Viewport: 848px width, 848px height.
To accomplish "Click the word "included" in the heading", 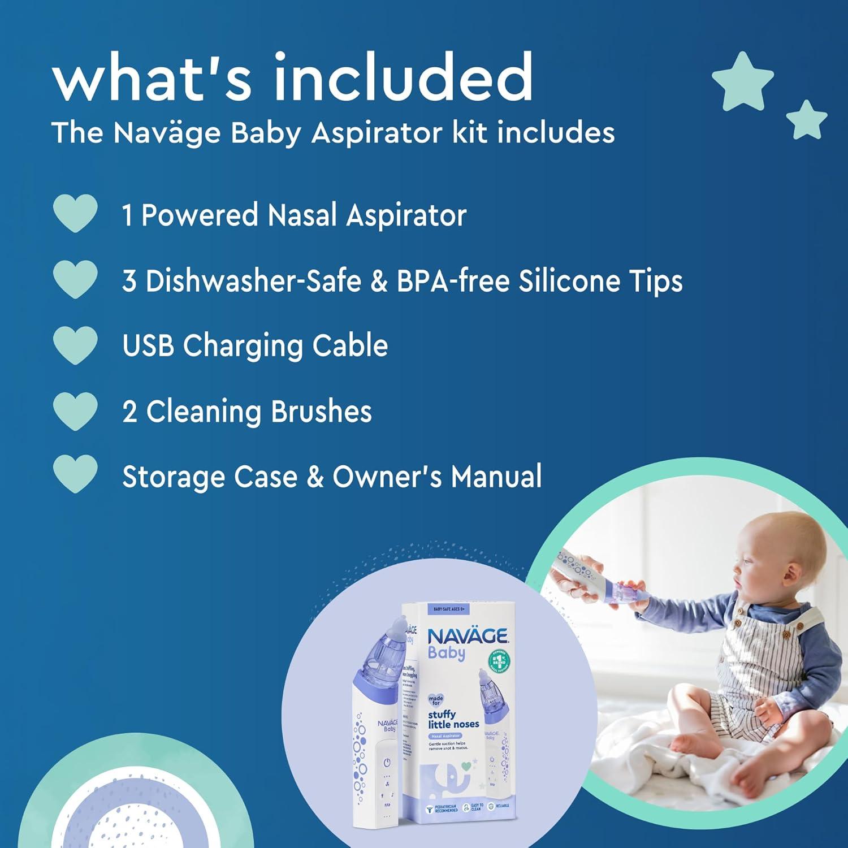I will point(403,77).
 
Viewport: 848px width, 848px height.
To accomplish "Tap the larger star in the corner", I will point(742,81).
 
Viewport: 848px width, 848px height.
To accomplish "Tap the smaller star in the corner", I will point(807,120).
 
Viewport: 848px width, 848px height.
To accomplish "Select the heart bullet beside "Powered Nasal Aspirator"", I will point(75,214).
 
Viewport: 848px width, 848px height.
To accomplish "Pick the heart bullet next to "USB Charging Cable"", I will point(75,345).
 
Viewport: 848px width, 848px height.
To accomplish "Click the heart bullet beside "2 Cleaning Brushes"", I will point(75,411).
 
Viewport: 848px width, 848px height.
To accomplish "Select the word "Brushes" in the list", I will point(321,412).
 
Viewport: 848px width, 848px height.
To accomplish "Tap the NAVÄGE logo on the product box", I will point(467,637).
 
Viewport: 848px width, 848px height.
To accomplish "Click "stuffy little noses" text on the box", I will point(453,719).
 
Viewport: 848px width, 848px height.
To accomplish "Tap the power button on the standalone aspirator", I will point(387,763).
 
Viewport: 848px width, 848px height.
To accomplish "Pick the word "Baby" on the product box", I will point(447,654).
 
